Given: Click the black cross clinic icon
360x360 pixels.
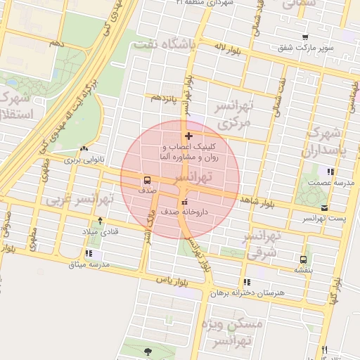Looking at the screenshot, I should pyautogui.click(x=188, y=136).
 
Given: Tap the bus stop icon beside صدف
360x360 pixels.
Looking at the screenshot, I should pyautogui.click(x=146, y=179).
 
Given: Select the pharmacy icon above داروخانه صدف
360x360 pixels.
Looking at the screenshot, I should pyautogui.click(x=185, y=202).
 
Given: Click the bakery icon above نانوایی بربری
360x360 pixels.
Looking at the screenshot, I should pyautogui.click(x=84, y=149).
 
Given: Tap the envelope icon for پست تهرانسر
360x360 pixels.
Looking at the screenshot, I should pyautogui.click(x=324, y=207).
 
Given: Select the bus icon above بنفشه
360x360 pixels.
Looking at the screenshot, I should pyautogui.click(x=303, y=259).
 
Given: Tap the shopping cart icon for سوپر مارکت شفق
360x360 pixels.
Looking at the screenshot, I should pyautogui.click(x=304, y=37).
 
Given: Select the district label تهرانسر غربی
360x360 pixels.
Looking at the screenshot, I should pyautogui.click(x=70, y=200).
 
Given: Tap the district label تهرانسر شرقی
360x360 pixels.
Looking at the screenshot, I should pyautogui.click(x=265, y=243).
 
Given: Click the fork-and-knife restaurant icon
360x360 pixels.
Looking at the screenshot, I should pyautogui.click(x=324, y=349).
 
